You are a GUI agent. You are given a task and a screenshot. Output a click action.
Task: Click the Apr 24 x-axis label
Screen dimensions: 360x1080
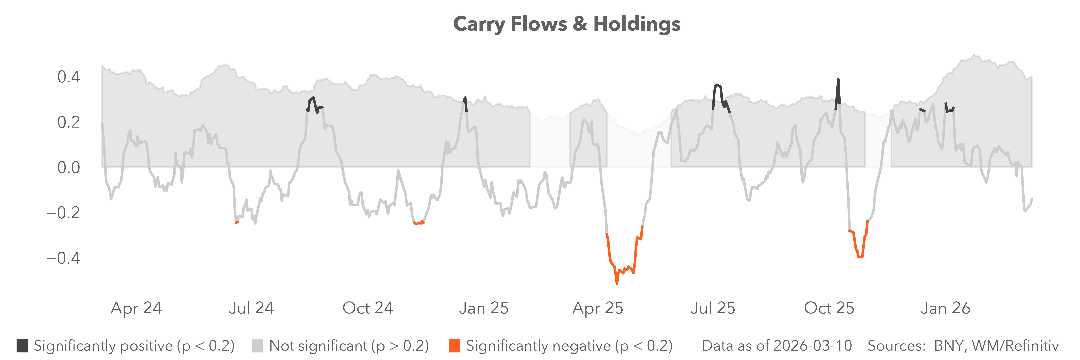(x=136, y=308)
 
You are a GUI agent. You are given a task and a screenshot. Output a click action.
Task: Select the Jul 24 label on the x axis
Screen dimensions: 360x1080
(x=251, y=308)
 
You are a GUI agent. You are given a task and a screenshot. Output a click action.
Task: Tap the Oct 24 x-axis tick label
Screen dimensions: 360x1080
(x=368, y=308)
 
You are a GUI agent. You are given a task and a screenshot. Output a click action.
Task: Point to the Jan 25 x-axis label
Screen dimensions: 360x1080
(x=484, y=308)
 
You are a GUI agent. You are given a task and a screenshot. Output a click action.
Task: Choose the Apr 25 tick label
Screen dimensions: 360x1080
(x=598, y=308)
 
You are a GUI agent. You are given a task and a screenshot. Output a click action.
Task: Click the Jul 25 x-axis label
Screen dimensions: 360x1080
(x=713, y=308)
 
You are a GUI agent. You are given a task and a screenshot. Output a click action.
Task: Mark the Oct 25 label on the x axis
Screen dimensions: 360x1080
(x=829, y=308)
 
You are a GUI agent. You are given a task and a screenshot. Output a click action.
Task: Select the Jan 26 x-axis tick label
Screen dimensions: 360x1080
(x=945, y=308)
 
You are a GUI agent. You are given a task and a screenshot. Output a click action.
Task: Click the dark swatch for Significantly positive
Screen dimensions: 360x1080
(x=22, y=346)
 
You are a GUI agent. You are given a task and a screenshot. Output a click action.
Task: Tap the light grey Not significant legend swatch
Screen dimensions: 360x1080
(x=257, y=346)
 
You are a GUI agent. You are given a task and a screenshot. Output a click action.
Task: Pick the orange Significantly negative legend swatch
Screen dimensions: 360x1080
(x=454, y=346)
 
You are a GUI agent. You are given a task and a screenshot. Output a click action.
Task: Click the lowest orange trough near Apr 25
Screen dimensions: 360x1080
(x=617, y=283)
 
